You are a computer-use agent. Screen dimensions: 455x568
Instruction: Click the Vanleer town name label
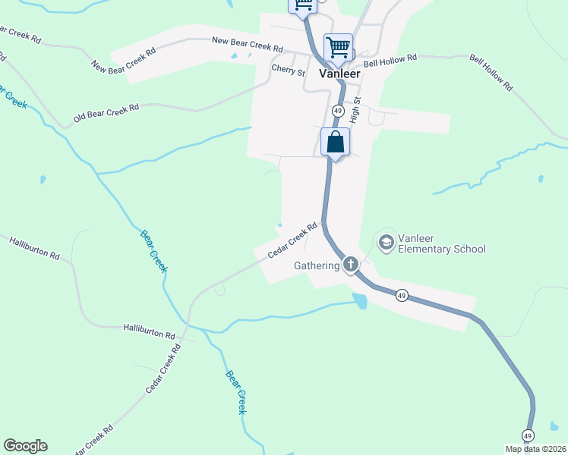(339, 74)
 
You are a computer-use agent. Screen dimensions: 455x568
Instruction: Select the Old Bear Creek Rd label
(106, 113)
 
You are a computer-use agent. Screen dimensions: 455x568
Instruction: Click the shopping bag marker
(335, 143)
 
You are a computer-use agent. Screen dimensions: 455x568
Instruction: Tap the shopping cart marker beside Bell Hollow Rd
(338, 48)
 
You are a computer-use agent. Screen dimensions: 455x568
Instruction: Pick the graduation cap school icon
(386, 242)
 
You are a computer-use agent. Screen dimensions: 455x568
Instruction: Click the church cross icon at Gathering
(350, 265)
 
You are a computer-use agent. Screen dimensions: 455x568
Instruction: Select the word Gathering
(317, 265)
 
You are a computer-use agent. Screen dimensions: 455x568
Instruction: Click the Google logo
(25, 446)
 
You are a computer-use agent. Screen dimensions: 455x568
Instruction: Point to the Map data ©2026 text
(535, 449)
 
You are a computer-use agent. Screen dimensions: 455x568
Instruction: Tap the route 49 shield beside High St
(336, 111)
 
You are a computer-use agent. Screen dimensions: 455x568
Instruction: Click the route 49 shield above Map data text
(528, 435)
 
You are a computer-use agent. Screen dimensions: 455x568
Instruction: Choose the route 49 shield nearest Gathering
(402, 295)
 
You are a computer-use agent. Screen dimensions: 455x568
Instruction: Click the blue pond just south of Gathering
(359, 301)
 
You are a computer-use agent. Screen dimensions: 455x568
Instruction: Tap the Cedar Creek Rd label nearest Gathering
(292, 240)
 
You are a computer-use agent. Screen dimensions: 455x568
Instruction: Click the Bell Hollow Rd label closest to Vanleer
(390, 59)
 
